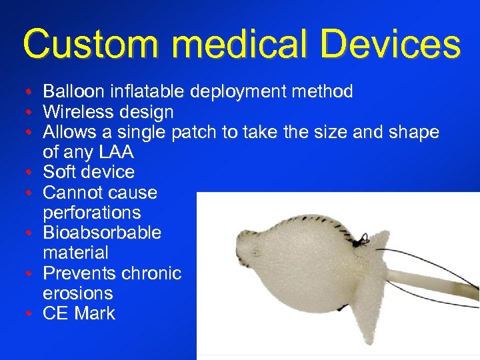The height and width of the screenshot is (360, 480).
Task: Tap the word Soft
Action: coord(61,172)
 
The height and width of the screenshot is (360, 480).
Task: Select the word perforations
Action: coord(92,213)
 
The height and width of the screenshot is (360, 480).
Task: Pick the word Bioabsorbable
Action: coord(102,233)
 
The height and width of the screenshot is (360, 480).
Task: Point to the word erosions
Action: coord(77,293)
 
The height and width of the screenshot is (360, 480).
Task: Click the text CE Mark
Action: coord(79,313)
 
